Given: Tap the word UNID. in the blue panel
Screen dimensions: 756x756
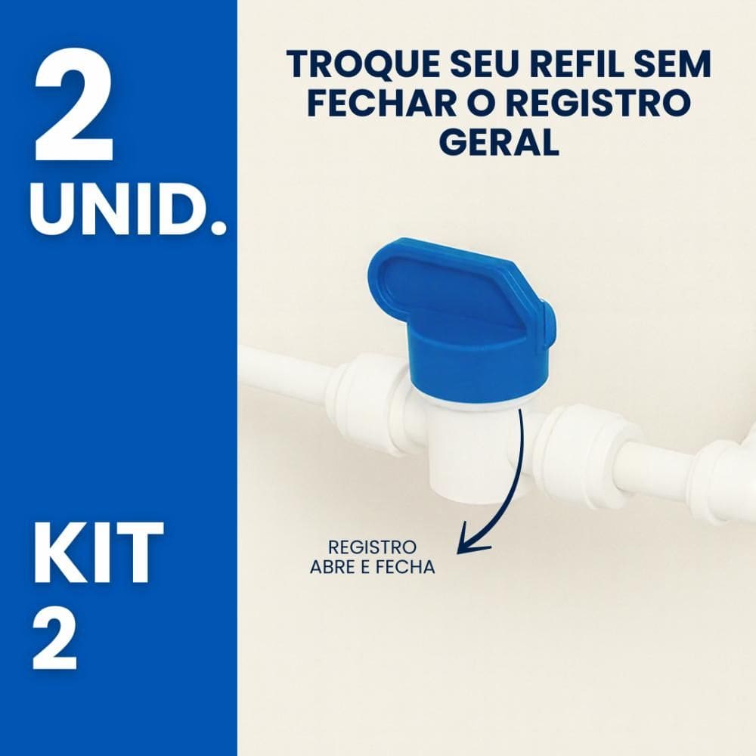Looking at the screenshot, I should (129, 209).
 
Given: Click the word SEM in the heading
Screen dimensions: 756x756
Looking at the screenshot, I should (671, 65).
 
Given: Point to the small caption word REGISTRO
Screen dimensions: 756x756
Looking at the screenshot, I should (372, 547).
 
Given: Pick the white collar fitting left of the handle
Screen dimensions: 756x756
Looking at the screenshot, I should (370, 401).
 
